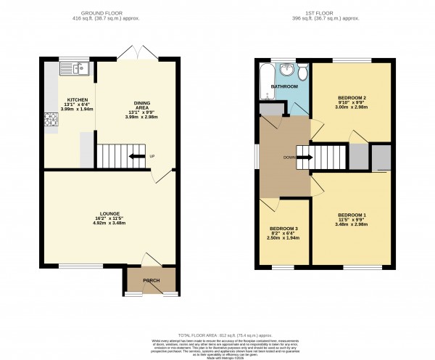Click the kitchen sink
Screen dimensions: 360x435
[75, 69]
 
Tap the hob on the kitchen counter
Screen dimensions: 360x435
[51, 120]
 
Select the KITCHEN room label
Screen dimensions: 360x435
[78, 99]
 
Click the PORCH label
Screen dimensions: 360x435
[151, 280]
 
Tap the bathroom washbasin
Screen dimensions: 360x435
[287, 70]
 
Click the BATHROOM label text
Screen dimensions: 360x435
[285, 87]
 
